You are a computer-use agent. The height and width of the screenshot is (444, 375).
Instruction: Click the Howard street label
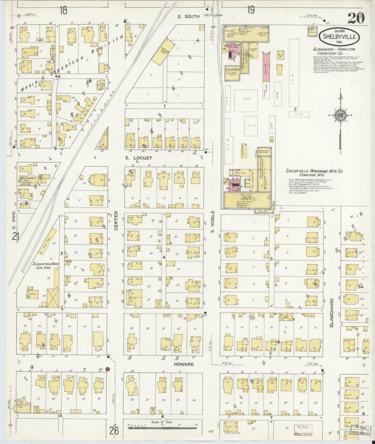click(184, 364)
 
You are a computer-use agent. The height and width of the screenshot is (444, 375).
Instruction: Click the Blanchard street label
click(332, 313)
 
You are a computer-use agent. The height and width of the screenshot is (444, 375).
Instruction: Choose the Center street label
click(116, 220)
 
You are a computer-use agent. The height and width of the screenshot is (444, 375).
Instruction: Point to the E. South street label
click(189, 16)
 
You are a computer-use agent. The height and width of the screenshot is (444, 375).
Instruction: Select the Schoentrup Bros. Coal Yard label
click(46, 265)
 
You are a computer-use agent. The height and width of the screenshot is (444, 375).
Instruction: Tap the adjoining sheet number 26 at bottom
click(114, 431)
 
